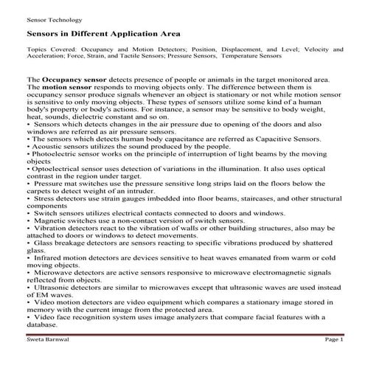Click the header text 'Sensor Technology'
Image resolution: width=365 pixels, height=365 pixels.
(54, 19)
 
